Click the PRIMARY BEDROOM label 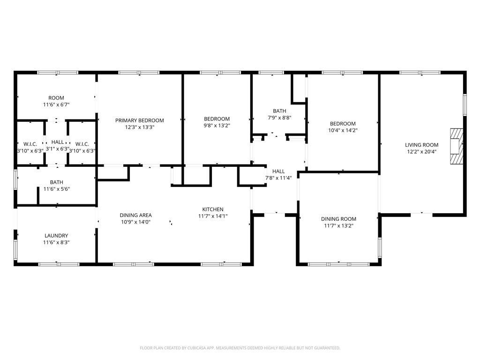(140, 120)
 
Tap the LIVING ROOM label (421, 145)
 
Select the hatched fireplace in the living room (457, 146)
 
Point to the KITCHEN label (213, 210)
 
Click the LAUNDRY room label (56, 235)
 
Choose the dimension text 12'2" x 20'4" (421, 151)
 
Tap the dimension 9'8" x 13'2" (217, 126)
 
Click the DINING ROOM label (338, 219)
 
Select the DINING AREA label (135, 215)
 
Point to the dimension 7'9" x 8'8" (279, 118)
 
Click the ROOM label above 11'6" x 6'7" (56, 98)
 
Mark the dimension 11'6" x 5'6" (57, 189)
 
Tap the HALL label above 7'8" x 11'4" (278, 171)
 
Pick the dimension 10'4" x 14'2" (343, 130)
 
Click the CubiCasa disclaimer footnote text (240, 348)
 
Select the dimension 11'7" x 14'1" (213, 216)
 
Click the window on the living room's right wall (465, 105)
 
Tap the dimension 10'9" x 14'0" (135, 222)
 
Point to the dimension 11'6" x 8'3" (56, 242)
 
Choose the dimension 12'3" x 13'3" (140, 127)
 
